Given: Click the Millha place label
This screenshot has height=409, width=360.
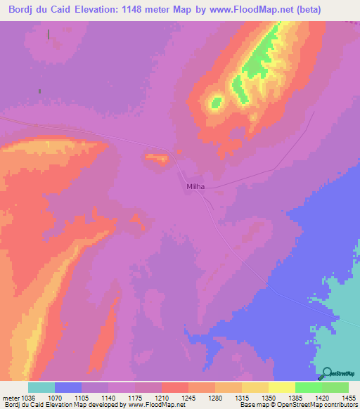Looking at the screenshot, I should [196, 186].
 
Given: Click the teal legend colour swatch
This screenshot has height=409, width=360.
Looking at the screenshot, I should [41, 388].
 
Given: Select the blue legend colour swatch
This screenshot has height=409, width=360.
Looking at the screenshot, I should [68, 388].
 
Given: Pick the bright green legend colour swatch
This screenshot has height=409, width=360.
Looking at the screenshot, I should [309, 388].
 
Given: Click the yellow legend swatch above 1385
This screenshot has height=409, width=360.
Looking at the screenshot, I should [281, 388].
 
